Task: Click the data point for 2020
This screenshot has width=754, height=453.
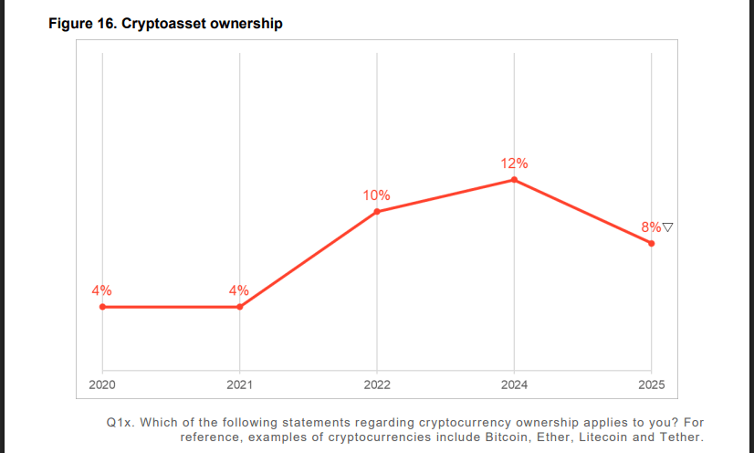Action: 102,307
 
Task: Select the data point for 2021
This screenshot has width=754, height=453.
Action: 240,307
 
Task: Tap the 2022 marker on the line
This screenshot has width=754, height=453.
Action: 377,212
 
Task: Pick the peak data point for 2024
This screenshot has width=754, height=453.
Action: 514,180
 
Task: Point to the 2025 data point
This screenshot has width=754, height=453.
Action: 651,243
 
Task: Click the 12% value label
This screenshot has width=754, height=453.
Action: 514,163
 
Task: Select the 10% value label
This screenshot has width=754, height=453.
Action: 376,195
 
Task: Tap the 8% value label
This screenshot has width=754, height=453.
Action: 651,226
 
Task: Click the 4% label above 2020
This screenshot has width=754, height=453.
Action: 101,290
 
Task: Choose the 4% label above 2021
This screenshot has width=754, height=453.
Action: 239,290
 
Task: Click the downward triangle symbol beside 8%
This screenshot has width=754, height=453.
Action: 668,226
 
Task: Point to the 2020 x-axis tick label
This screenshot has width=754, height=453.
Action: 102,385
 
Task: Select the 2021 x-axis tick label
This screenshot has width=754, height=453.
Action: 240,385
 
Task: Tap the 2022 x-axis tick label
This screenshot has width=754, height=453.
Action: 377,385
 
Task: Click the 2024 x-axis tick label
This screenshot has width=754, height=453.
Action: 514,385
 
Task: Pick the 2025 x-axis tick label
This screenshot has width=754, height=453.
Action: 651,385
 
